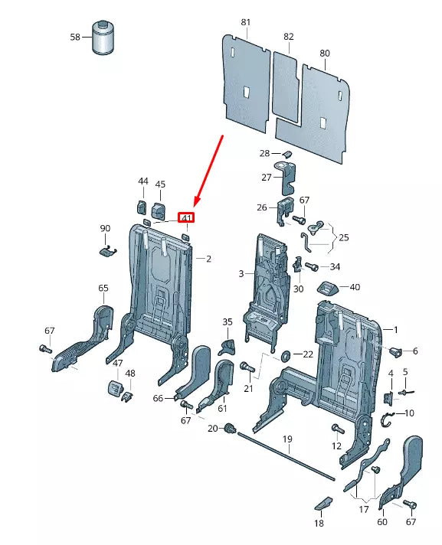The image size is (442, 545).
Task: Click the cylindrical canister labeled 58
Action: point(103,38)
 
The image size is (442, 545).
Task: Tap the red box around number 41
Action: point(186,217)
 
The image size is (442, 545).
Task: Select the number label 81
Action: point(245,22)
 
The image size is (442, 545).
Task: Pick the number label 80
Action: point(325,53)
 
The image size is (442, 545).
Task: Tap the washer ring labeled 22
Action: point(286,354)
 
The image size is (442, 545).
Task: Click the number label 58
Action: point(75,37)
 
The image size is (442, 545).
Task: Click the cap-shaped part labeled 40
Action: point(328,288)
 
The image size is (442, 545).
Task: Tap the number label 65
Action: point(103,288)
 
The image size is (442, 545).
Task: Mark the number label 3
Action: point(241,273)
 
